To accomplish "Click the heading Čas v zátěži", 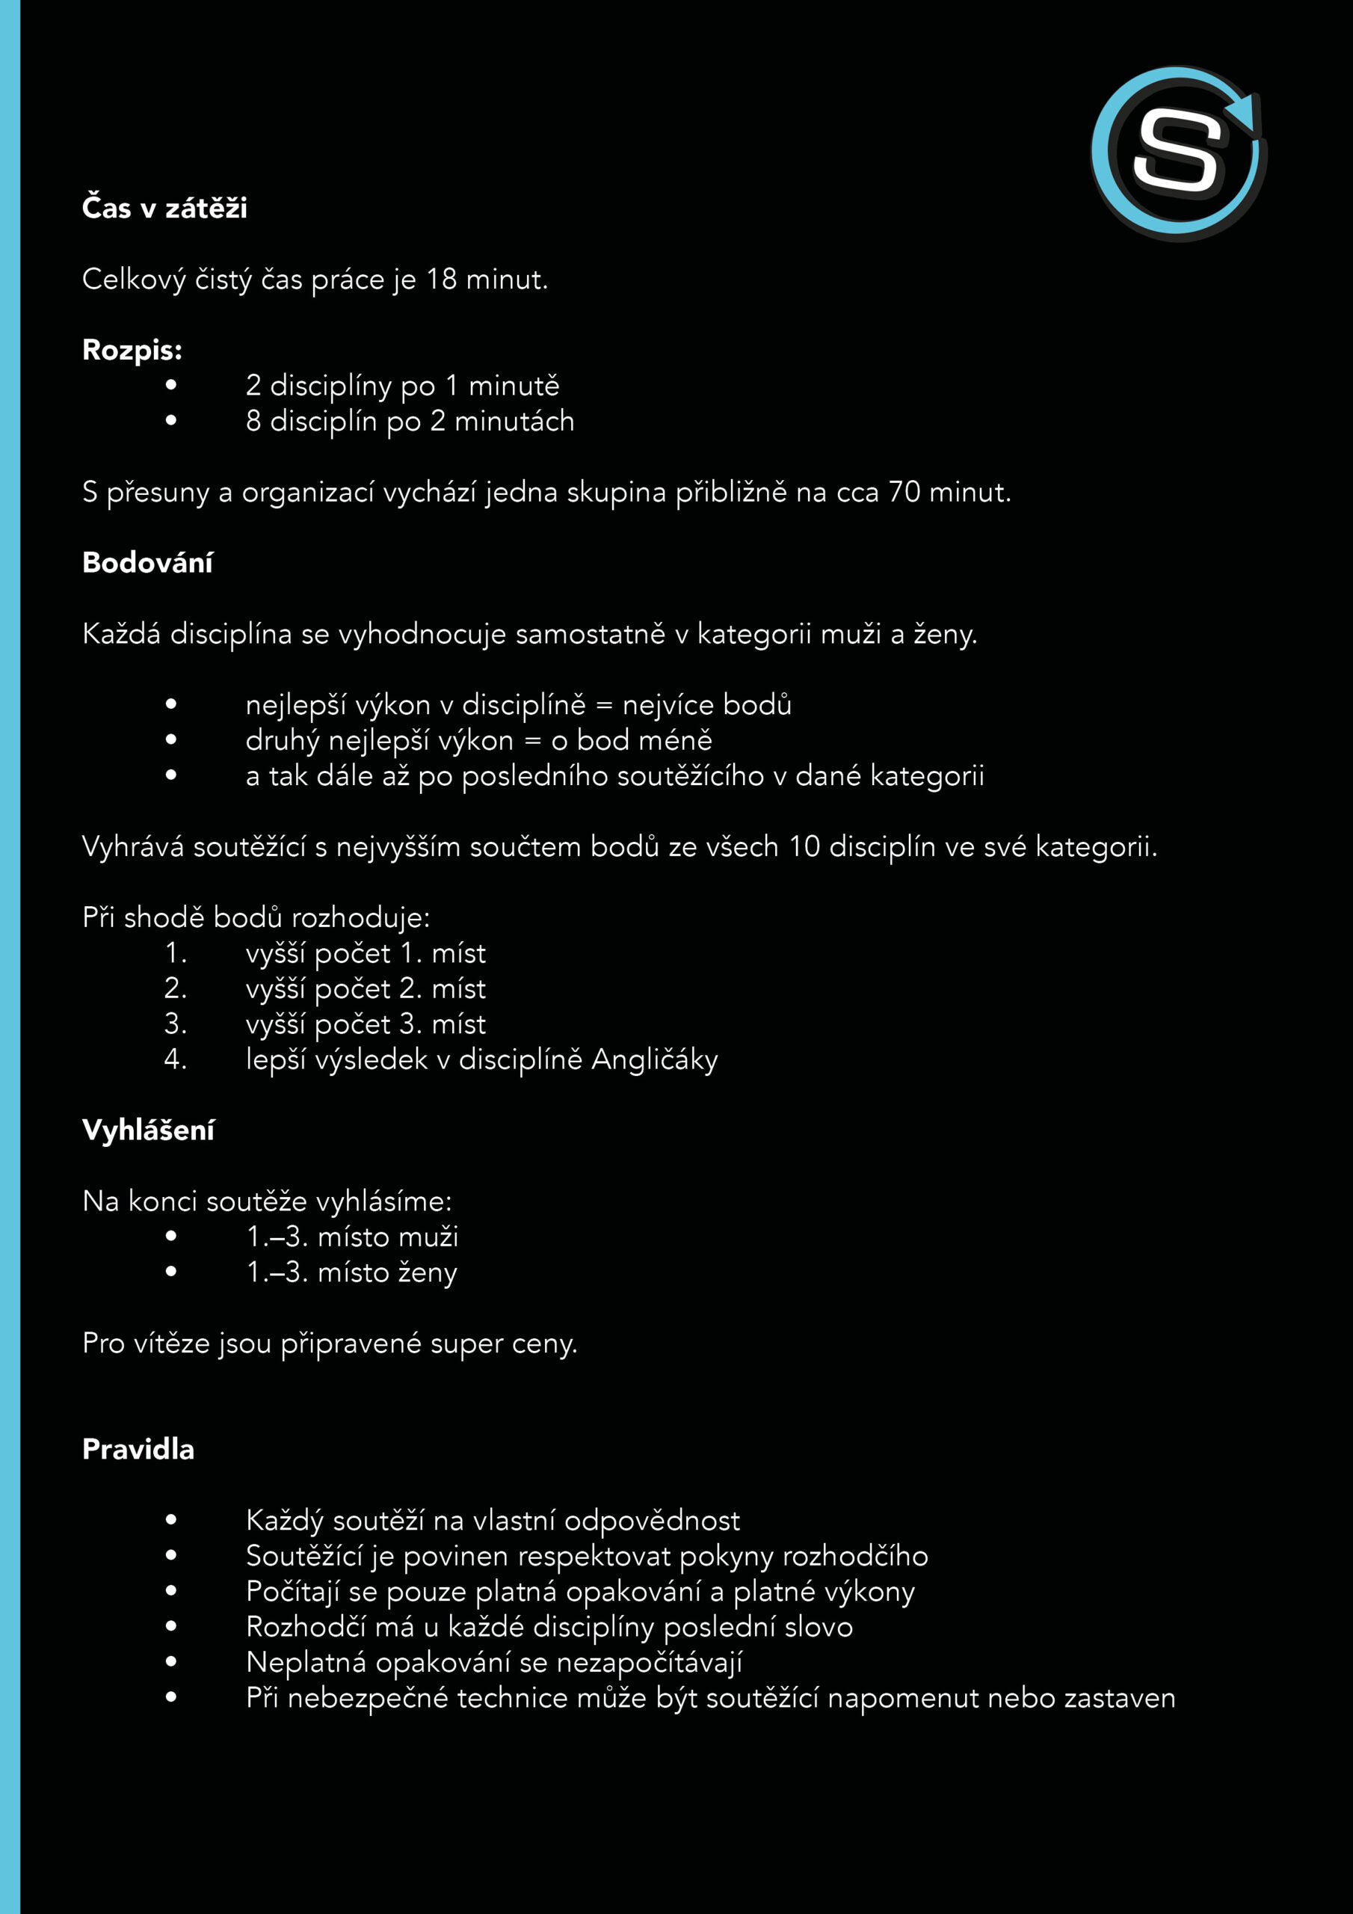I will (x=164, y=208).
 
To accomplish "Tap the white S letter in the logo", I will (x=1177, y=153).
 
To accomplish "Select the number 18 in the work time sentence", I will (x=441, y=280).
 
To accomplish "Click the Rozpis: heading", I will (x=132, y=350).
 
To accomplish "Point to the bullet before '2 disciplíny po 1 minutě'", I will (x=171, y=385).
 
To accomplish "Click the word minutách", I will (x=514, y=421).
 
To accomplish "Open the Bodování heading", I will (x=147, y=563).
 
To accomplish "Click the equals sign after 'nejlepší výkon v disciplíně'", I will (x=605, y=705).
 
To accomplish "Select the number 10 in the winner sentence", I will (x=804, y=847).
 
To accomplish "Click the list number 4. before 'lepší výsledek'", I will (x=175, y=1059).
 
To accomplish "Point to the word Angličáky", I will (x=654, y=1059).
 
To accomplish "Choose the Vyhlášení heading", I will (x=149, y=1130).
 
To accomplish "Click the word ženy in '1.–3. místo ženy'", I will (x=427, y=1273).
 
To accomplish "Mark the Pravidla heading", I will (x=138, y=1449).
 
